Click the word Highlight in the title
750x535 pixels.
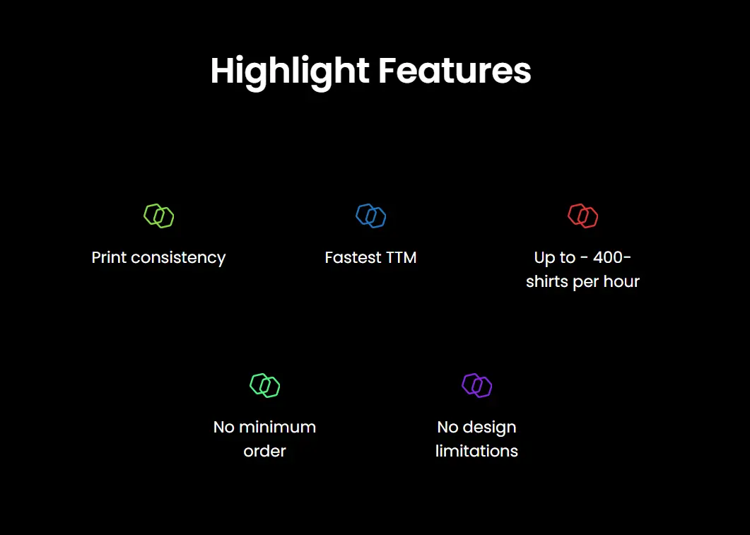[290, 72]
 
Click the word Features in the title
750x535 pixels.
[455, 71]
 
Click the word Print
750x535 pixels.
[109, 257]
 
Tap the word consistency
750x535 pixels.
[178, 258]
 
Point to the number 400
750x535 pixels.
[607, 257]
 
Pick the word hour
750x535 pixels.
[621, 281]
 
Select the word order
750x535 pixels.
[264, 451]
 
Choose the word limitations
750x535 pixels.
[476, 451]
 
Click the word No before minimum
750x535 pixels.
[224, 427]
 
